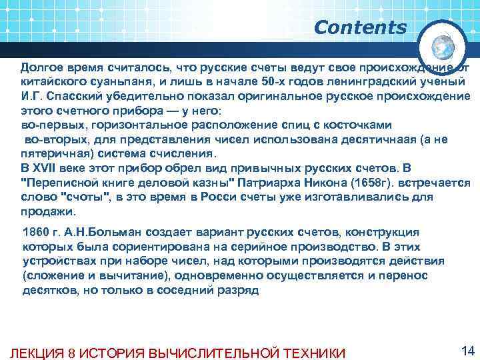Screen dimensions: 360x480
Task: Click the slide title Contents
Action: (359, 28)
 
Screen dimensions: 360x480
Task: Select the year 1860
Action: (35, 231)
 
